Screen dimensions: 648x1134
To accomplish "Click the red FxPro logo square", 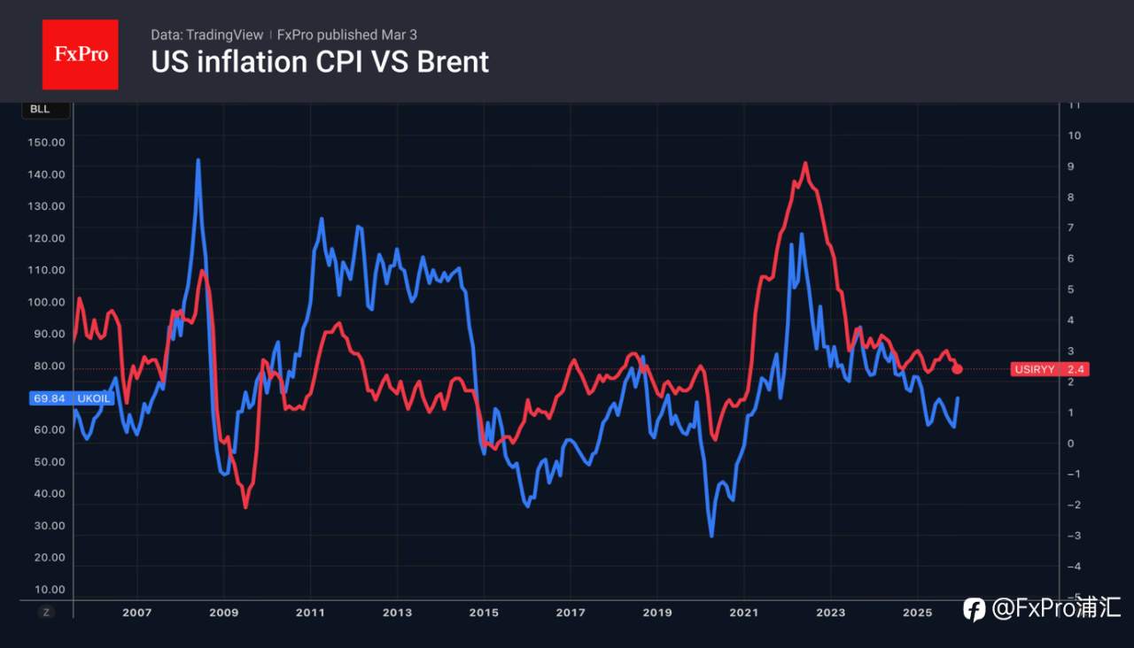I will [81, 54].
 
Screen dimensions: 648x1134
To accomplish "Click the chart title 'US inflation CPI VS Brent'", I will [320, 62].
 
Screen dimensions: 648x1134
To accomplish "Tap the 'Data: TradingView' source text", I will [207, 35].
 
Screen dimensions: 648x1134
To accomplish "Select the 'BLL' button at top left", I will [40, 110].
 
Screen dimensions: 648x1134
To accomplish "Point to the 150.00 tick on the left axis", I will [47, 143].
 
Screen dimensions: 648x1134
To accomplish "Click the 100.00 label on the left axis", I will [47, 302].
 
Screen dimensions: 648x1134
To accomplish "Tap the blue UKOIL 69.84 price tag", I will [71, 398].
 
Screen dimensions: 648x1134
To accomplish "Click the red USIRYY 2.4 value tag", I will [1049, 369].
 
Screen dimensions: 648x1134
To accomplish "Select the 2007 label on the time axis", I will [136, 613].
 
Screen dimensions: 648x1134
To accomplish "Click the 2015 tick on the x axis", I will [484, 613].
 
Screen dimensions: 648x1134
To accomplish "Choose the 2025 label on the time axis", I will [917, 613].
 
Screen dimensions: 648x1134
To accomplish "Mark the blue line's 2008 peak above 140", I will [198, 160].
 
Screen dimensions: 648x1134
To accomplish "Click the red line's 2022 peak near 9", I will [805, 163].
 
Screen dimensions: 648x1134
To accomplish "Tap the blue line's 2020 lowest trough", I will [711, 536].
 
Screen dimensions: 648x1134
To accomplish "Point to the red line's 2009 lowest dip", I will [245, 507].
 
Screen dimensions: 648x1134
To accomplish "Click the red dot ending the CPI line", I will [957, 368].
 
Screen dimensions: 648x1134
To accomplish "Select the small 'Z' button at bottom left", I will [47, 613].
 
